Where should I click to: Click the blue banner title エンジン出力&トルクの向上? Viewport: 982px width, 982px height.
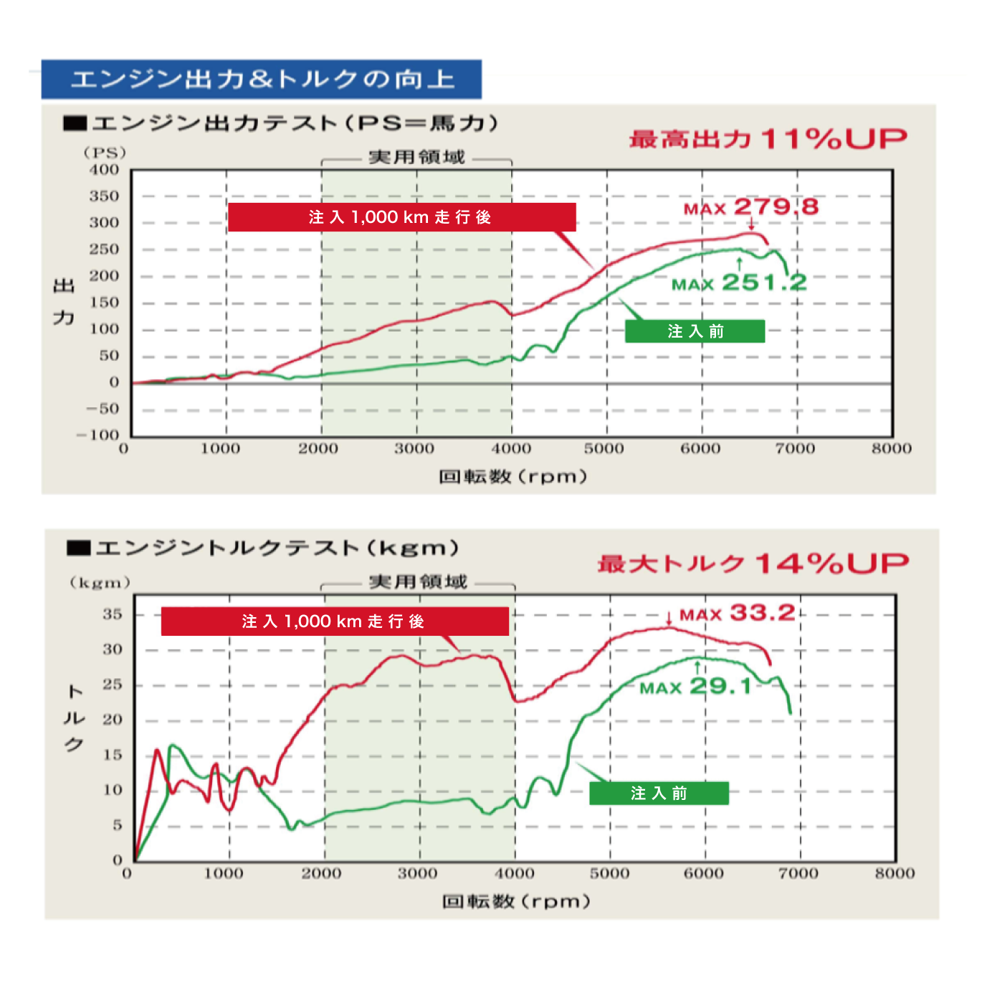pos(262,79)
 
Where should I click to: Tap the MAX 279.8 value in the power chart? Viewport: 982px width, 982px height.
pos(751,208)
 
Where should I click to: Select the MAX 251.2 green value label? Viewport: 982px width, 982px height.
pos(739,283)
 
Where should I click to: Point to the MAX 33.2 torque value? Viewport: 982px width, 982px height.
pos(738,614)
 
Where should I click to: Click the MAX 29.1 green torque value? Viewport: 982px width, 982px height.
pos(696,687)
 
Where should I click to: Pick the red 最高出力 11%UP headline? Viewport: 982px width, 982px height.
pos(768,138)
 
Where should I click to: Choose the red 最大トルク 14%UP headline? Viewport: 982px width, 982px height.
pos(753,563)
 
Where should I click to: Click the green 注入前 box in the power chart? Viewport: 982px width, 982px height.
pos(695,331)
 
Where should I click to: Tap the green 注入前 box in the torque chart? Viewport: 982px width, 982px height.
pos(659,793)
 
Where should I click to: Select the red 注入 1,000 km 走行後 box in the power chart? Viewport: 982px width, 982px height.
pos(401,217)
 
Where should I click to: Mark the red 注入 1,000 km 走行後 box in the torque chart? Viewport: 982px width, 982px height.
pos(335,621)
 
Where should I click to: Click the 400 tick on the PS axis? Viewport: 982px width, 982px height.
pos(105,170)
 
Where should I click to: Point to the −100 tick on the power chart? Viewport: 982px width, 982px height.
pos(99,434)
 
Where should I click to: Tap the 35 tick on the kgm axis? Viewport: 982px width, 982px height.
pos(113,614)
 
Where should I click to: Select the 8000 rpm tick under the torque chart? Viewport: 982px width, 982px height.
pos(895,873)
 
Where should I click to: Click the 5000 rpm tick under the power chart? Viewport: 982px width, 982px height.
pos(604,449)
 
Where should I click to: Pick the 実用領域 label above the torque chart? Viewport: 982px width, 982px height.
pos(418,581)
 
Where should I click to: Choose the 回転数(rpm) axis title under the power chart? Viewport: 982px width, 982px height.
pos(513,477)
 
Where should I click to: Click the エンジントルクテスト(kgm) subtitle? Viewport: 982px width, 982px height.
pos(276,548)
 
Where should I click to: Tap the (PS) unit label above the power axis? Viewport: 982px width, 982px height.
pos(105,153)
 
